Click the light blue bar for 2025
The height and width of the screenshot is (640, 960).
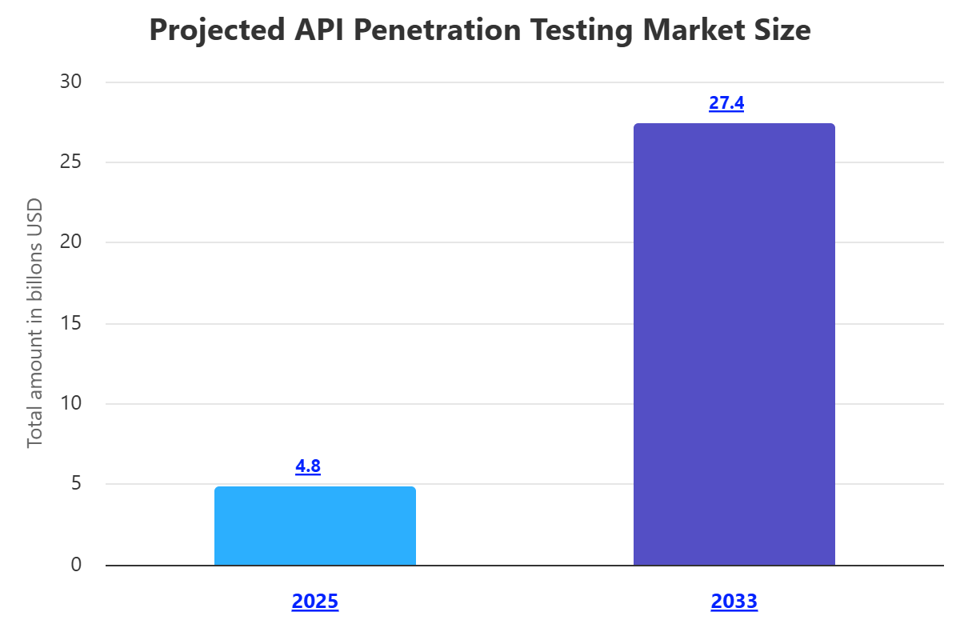point(315,526)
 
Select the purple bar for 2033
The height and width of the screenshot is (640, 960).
point(734,344)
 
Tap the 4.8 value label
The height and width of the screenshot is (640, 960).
point(308,466)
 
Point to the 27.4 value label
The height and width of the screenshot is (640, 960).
point(726,103)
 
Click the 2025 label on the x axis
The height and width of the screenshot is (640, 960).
point(315,602)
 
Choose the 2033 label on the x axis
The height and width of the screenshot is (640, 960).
point(734,602)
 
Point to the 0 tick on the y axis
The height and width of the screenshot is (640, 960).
point(76,565)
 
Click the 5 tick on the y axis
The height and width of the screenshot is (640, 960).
point(76,484)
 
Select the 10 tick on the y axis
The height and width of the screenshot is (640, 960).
point(71,403)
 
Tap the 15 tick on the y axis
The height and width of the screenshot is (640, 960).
point(71,323)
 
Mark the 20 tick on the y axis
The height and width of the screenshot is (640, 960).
point(71,242)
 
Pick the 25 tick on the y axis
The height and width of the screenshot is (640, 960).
point(71,162)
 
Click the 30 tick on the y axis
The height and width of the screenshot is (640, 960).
point(71,82)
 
